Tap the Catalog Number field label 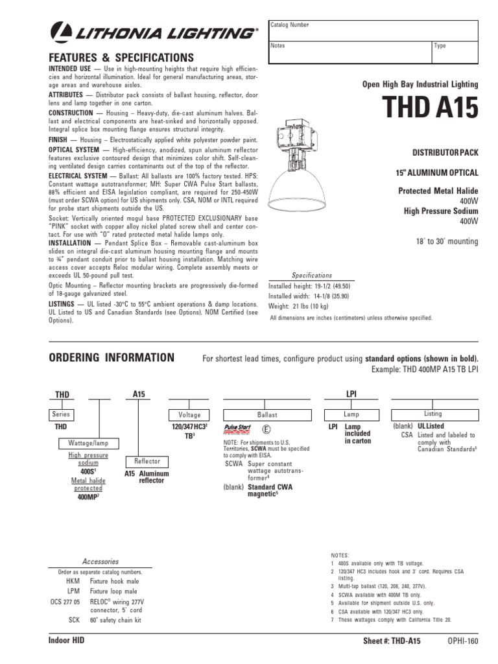[x=290, y=24]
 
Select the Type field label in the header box [x=440, y=46]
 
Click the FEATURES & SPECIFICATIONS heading [x=121, y=57]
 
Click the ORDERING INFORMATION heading [x=112, y=358]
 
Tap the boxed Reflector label [x=147, y=461]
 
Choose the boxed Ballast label [x=267, y=414]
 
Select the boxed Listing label [x=433, y=414]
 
